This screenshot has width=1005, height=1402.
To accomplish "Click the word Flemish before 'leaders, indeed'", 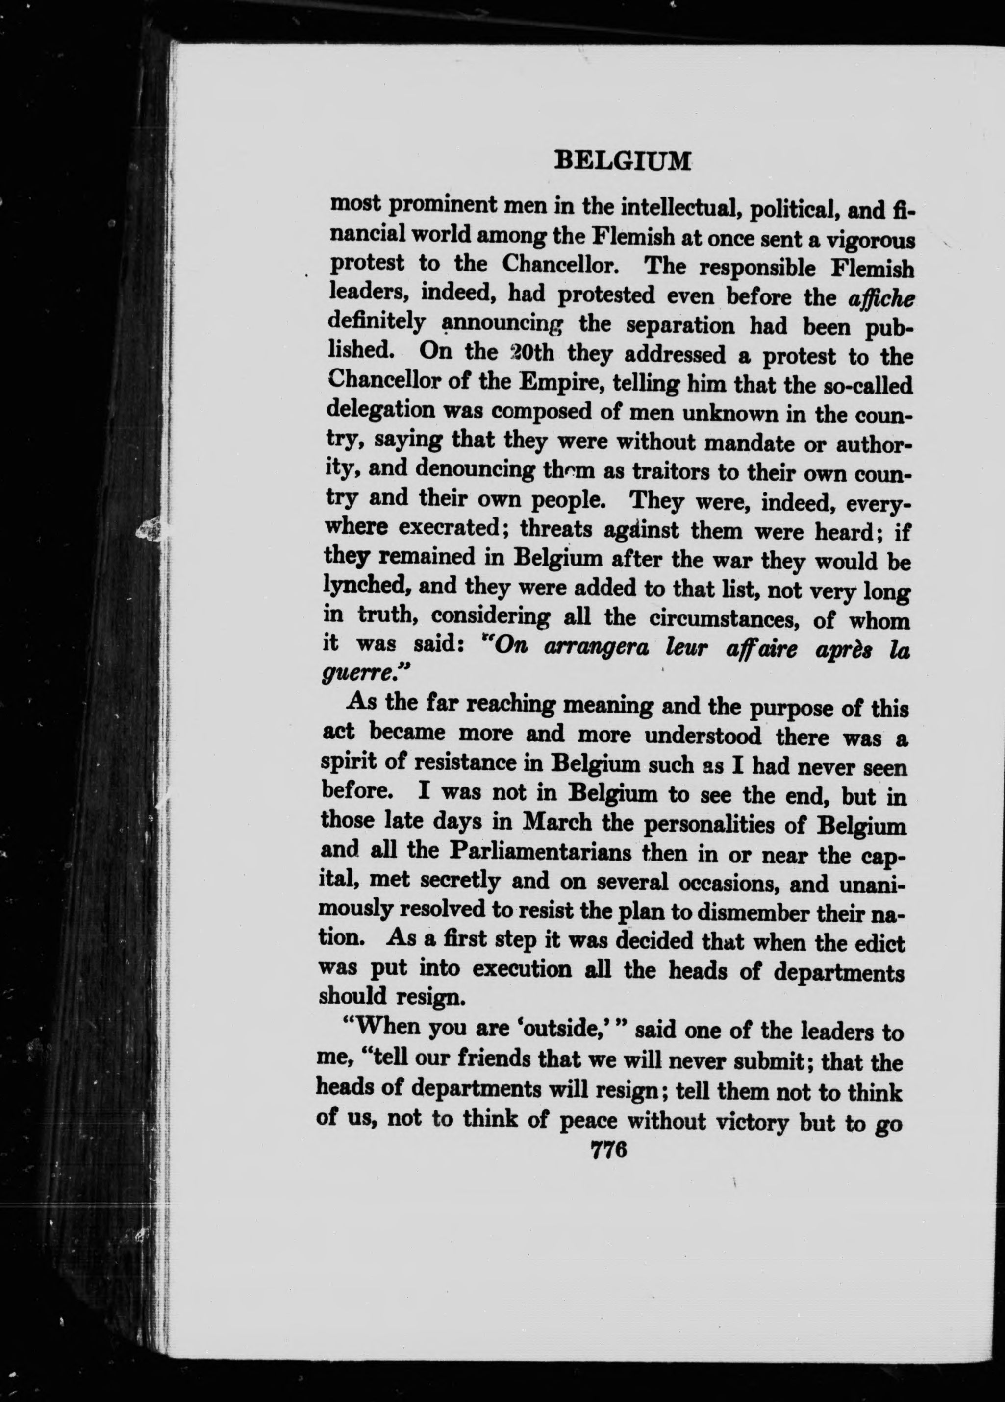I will [x=872, y=269].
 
